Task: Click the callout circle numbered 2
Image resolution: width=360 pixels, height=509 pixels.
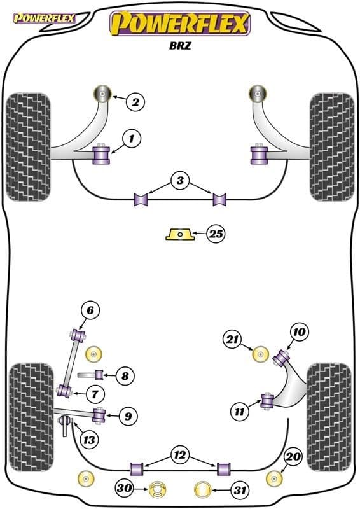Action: (135, 101)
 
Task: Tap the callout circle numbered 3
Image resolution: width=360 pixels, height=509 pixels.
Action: (180, 182)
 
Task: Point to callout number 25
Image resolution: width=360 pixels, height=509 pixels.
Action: (216, 235)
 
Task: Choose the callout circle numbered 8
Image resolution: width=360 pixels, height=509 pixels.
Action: (125, 376)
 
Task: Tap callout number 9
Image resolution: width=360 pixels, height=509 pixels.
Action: (128, 417)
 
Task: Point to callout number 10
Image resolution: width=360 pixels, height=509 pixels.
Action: (299, 331)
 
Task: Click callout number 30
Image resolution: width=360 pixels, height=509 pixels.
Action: (125, 489)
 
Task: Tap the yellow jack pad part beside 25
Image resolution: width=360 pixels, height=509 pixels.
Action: (179, 235)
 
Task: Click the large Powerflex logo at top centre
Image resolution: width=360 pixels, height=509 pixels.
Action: (180, 24)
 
